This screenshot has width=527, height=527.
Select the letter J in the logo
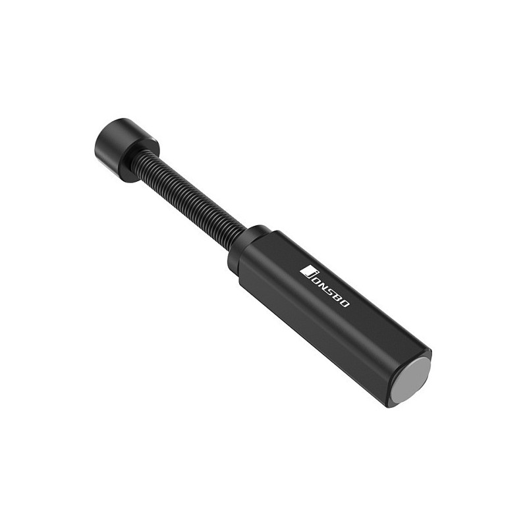coord(307,272)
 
